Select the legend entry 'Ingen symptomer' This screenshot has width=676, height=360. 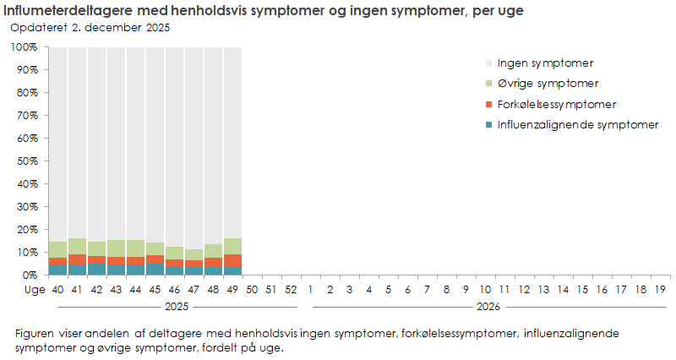click(545, 63)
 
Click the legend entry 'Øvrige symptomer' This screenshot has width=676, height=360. click(548, 84)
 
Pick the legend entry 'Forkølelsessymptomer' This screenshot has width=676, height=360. click(556, 105)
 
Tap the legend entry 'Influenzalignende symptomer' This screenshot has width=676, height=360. click(577, 125)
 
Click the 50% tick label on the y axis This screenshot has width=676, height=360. click(25, 161)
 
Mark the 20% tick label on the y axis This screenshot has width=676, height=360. click(25, 229)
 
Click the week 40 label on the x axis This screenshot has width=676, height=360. click(58, 289)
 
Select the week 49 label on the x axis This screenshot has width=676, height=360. click(233, 289)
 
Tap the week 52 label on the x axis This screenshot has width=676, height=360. click(292, 289)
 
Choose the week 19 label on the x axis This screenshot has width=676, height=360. click(661, 289)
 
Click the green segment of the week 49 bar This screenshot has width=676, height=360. click(234, 246)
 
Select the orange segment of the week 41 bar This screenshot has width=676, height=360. click(78, 259)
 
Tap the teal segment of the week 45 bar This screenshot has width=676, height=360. click(155, 269)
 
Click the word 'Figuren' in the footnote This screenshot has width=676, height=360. click(35, 334)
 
